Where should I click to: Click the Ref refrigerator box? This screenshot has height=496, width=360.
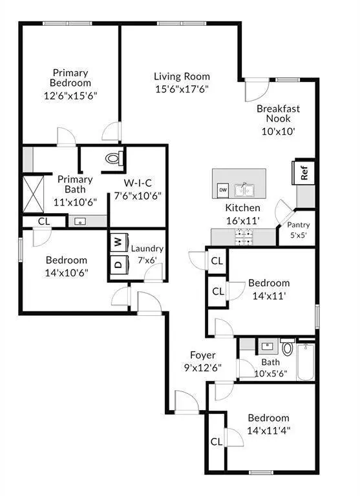coord(303,173)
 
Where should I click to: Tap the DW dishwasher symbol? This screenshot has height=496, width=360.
coord(223,190)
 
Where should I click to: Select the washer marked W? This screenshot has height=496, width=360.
coord(118,242)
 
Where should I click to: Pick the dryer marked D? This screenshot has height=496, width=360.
coord(118,264)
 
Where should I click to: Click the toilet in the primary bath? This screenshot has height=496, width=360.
coord(114,158)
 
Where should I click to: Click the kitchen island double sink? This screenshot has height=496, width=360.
coord(244,189)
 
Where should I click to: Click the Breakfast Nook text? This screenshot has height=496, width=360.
coord(279,114)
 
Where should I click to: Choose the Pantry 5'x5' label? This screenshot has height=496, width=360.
coord(299,229)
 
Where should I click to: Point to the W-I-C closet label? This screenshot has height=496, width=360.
coord(138,183)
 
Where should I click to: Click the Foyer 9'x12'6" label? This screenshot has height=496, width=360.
coord(202,362)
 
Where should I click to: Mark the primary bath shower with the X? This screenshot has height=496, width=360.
coord(34,192)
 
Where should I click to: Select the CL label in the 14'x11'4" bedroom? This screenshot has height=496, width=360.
coord(217,442)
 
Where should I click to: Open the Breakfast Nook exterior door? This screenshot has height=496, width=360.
coord(255,88)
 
